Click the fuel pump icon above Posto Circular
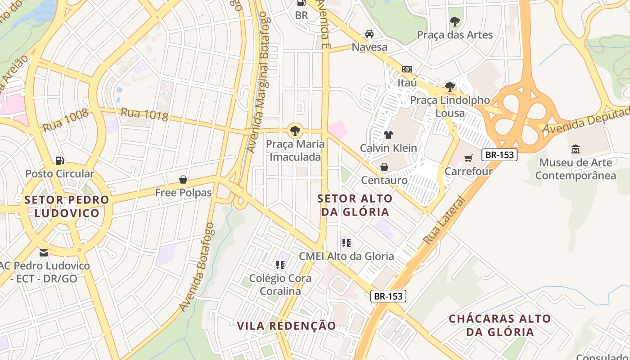[x=59, y=160]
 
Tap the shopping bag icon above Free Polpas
[x=183, y=180]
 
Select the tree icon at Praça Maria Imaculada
[x=295, y=131]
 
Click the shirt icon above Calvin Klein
[x=388, y=135]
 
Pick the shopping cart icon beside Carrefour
[x=468, y=158]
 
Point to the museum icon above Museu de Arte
[x=575, y=149]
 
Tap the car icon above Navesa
[x=369, y=34]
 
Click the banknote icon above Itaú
[x=407, y=69]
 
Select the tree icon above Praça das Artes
[x=454, y=21]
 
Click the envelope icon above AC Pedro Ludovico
[x=43, y=252]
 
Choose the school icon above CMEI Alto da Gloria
[x=346, y=243]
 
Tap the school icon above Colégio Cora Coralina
[x=280, y=265]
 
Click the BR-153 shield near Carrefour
[x=499, y=155]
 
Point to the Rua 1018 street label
[x=144, y=114]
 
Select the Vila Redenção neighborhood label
[x=286, y=326]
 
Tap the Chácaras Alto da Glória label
[x=499, y=325]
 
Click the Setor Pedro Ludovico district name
[x=67, y=206]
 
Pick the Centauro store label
[x=384, y=180]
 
